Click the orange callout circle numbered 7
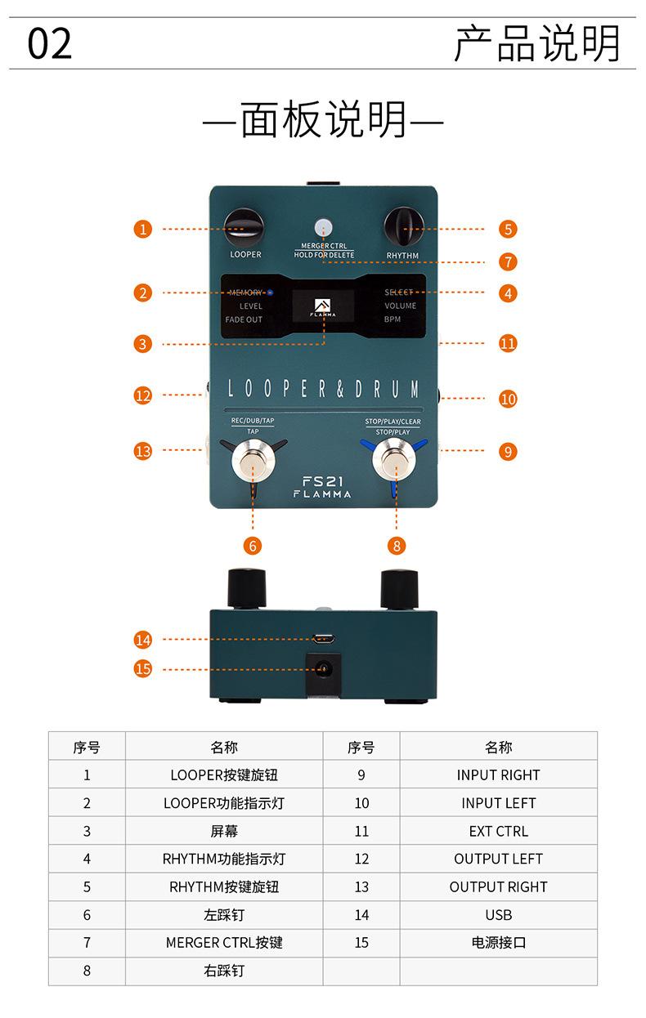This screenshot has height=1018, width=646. point(509,261)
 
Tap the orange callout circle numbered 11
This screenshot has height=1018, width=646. point(509,343)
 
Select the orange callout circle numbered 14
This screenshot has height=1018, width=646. point(143,640)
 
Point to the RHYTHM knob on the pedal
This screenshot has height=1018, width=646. point(402,226)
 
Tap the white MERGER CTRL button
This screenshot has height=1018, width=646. point(324,227)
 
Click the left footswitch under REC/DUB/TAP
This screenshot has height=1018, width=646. point(252,462)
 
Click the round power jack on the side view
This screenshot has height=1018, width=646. point(324,669)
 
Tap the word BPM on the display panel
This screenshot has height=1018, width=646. point(393,319)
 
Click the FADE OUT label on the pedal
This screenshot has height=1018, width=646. point(244,319)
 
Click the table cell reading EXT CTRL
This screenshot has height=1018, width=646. point(498,831)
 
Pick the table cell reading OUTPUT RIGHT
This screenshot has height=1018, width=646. point(498,886)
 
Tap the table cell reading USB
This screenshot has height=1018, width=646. point(498,915)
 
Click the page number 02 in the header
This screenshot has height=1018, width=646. point(50,43)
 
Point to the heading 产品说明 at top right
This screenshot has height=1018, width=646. point(537,44)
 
